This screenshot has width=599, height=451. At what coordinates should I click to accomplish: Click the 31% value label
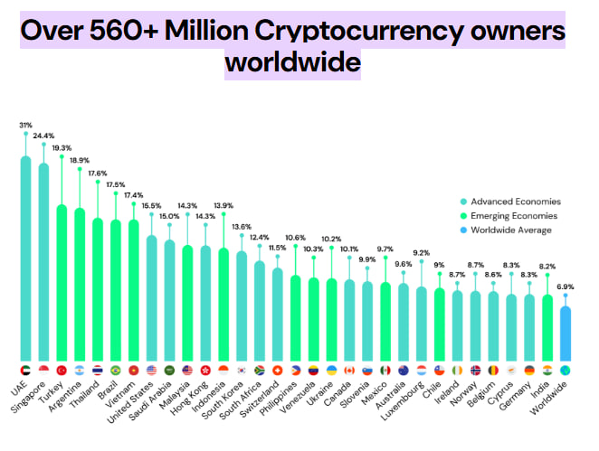(25, 125)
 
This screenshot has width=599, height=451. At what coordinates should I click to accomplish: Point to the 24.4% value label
(43, 136)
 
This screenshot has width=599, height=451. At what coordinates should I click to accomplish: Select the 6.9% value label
(566, 287)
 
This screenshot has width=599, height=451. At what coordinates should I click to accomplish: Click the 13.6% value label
(242, 227)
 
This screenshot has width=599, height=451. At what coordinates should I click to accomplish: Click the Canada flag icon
(349, 371)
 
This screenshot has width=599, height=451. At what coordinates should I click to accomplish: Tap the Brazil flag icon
(115, 371)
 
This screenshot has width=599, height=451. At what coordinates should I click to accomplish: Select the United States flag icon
(151, 371)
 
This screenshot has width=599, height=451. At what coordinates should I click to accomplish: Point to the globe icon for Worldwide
(566, 371)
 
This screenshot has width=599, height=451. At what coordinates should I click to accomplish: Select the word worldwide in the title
(292, 63)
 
